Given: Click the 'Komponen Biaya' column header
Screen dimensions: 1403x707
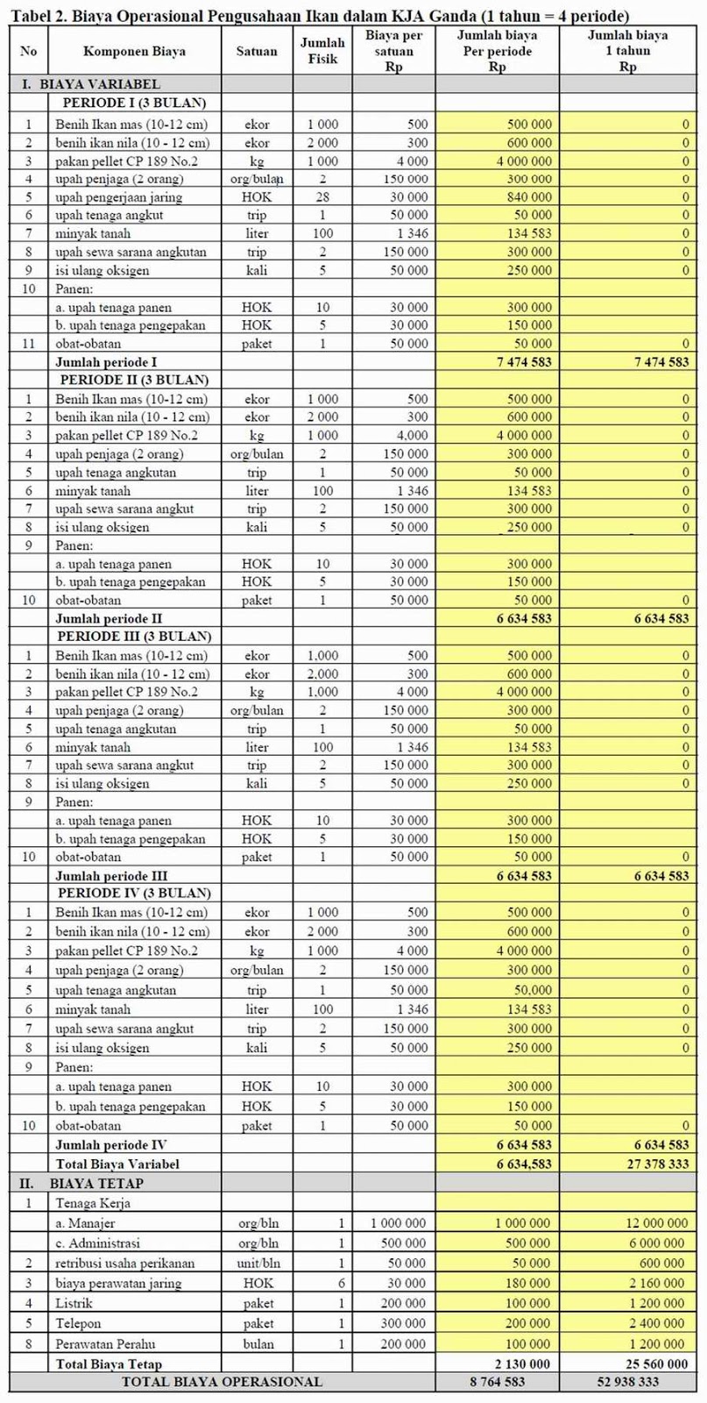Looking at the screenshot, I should click(x=134, y=51).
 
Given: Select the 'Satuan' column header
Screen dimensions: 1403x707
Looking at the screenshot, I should click(x=257, y=51).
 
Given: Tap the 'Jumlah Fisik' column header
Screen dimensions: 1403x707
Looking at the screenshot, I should click(x=322, y=51).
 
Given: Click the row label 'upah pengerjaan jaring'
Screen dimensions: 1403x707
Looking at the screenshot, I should click(x=118, y=197).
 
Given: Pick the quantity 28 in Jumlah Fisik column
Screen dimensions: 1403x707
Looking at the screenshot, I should click(x=322, y=197).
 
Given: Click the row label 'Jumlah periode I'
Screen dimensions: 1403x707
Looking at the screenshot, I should click(x=109, y=361).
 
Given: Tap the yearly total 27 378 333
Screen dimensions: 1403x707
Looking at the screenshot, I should click(x=649, y=1164).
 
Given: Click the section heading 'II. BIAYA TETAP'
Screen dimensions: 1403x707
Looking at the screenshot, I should click(x=81, y=1184).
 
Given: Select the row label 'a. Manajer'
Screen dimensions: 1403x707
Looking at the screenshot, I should click(x=85, y=1223).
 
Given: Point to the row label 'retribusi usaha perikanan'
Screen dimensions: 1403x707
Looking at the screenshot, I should click(x=124, y=1264).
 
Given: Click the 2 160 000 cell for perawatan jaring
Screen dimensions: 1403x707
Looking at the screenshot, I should click(x=655, y=1284).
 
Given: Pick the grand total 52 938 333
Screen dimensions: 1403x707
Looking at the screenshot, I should click(x=649, y=1382).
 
